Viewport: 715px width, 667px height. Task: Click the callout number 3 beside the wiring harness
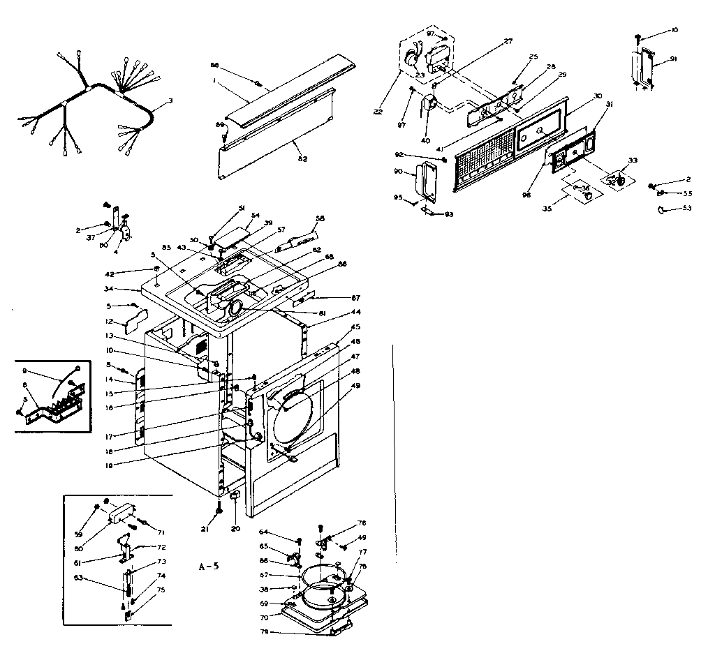tap(170, 101)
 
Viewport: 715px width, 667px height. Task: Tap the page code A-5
tap(208, 566)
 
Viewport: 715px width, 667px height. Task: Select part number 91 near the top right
tap(672, 59)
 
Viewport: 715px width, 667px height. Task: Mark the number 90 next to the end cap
tap(398, 172)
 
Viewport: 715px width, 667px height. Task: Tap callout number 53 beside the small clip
tap(688, 208)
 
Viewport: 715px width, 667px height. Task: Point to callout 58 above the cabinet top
tap(320, 218)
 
